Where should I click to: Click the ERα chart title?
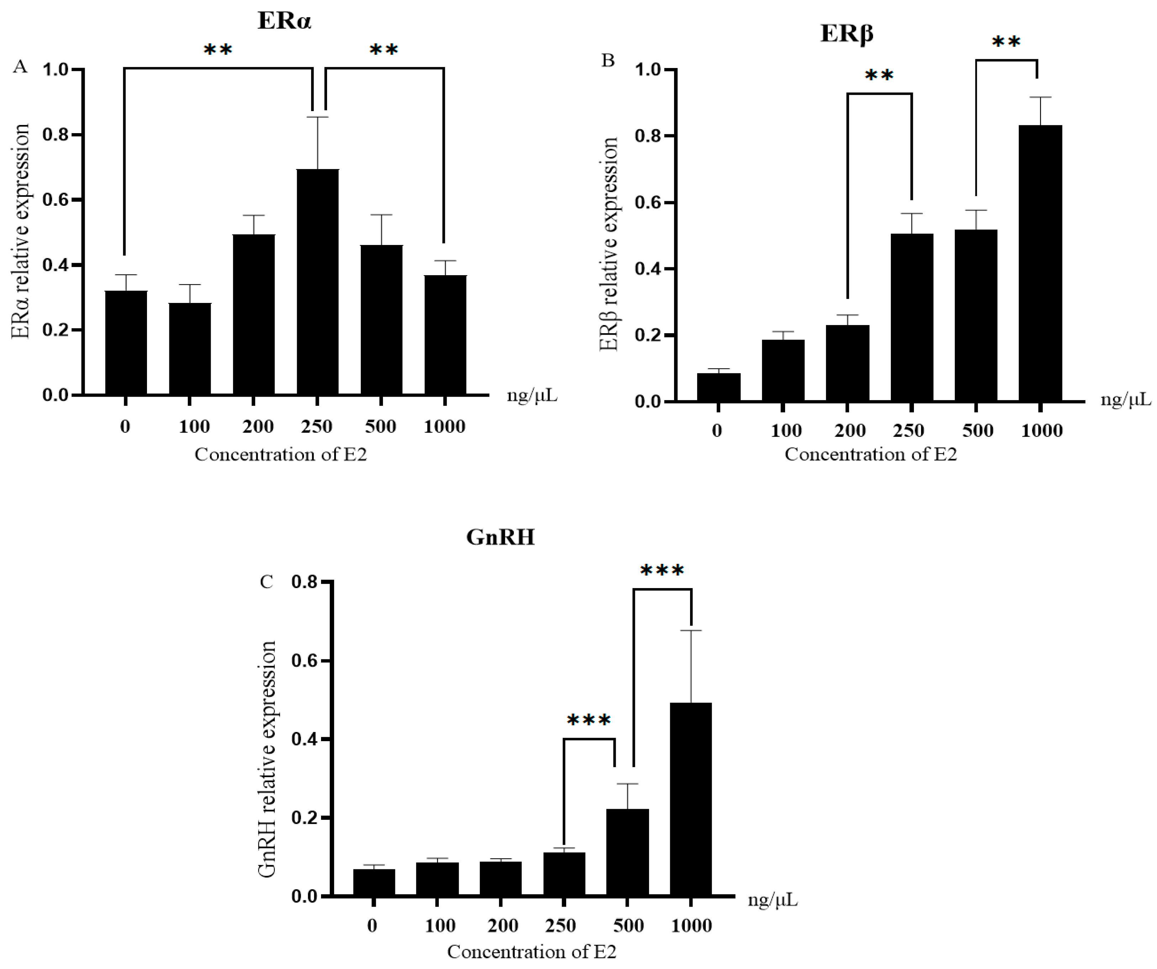284,21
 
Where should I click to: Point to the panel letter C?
266,582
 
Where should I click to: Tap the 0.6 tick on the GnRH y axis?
305,660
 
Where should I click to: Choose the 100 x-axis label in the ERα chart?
194,426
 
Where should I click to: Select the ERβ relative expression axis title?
609,244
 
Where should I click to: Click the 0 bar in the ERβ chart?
719,387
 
